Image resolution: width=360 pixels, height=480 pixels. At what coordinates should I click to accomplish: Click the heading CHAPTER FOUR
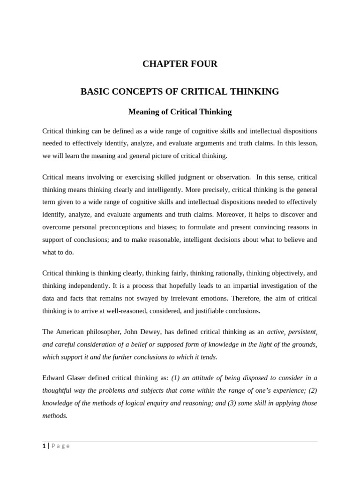coord(180,64)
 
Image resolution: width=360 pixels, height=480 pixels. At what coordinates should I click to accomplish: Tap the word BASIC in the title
coord(95,92)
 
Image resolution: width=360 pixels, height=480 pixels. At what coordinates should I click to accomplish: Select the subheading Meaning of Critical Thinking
coord(180,112)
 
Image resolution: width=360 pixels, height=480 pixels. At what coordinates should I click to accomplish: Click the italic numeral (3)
coord(234,403)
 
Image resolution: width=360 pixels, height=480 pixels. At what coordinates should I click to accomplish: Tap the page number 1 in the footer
coord(44,446)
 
